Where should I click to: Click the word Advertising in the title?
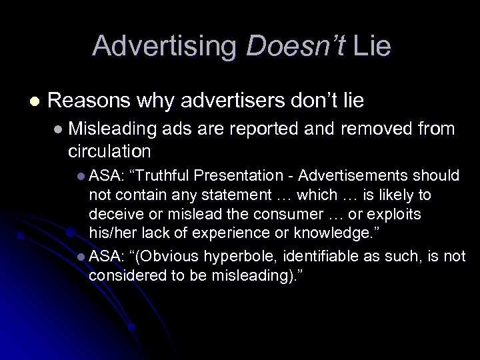pyautogui.click(x=165, y=47)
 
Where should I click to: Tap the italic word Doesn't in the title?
pyautogui.click(x=294, y=47)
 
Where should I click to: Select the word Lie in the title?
pyautogui.click(x=371, y=47)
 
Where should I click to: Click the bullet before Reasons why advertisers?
pyautogui.click(x=33, y=101)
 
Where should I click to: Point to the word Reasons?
pyautogui.click(x=91, y=101)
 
